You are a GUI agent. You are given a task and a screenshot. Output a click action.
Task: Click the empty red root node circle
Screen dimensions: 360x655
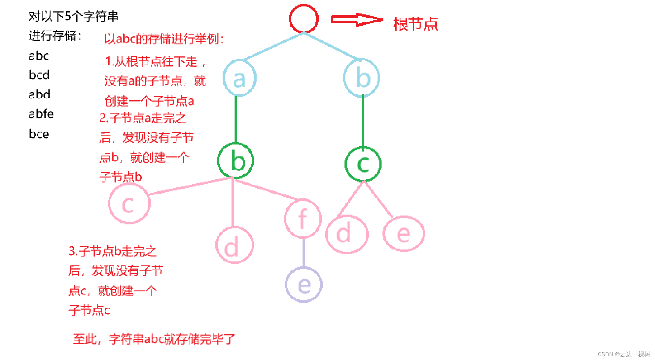pos(303,19)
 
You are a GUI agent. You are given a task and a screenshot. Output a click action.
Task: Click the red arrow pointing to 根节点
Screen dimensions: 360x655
pos(356,20)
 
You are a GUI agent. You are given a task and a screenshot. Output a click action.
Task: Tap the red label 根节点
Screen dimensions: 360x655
pos(416,24)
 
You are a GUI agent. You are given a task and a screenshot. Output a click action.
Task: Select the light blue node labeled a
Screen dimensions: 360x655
pos(239,78)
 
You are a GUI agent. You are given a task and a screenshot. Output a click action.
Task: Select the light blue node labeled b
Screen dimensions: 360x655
pos(362,78)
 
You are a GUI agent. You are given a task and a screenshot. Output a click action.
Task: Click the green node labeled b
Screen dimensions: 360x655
pos(235,161)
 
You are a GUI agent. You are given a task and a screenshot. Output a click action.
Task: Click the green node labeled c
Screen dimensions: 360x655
pos(363,164)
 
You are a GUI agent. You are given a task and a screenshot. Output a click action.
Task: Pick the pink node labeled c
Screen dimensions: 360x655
pos(129,204)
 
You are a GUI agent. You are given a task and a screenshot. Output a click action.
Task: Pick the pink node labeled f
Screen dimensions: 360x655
pos(303,219)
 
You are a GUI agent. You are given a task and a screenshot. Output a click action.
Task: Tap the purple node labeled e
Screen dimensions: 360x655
pos(303,285)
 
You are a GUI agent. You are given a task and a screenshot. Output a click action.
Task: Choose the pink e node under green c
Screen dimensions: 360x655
pos(404,234)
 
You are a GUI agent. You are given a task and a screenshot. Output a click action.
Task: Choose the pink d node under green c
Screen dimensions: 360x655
pos(346,234)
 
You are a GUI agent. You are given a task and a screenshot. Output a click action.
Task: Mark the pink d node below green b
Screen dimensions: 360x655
pos(235,245)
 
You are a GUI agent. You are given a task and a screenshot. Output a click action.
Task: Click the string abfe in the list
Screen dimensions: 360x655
pos(41,114)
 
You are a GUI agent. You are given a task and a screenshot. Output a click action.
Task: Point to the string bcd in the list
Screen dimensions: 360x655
pos(39,75)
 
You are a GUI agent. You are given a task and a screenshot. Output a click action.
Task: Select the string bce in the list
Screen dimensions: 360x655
pos(39,134)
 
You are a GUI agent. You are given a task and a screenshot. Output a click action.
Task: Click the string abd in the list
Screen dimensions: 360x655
pos(39,94)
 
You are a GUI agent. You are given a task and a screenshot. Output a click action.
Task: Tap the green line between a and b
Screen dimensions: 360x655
pos(236,119)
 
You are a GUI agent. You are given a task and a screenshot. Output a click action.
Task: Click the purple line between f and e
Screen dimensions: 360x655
pos(303,253)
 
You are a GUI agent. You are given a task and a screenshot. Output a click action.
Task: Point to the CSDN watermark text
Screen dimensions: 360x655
pos(623,354)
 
